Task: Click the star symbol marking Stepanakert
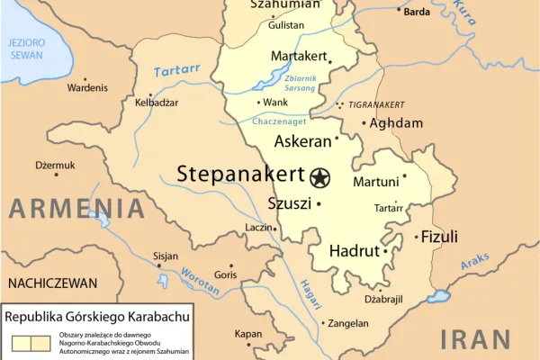(x=319, y=177)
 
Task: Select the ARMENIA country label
(x=76, y=209)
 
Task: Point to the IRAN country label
(x=476, y=340)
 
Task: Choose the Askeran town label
(x=302, y=141)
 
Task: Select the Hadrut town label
(x=353, y=251)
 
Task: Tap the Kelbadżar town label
(x=157, y=103)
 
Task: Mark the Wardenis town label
(x=87, y=87)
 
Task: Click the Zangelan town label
(x=348, y=323)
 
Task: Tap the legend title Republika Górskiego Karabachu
(x=102, y=318)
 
